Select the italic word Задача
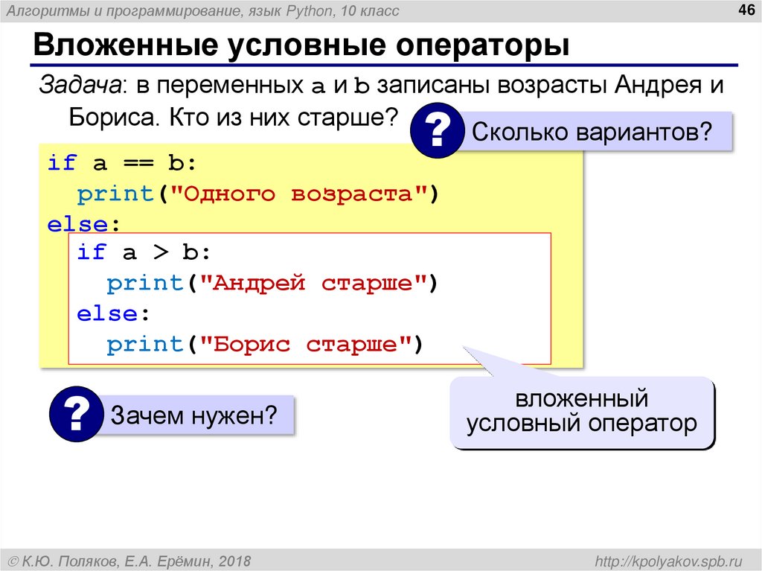[81, 86]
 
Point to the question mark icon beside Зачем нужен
[77, 414]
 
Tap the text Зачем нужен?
[194, 415]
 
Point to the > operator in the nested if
[159, 252]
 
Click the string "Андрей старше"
[313, 284]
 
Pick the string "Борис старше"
[305, 345]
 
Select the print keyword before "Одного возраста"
[115, 194]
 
